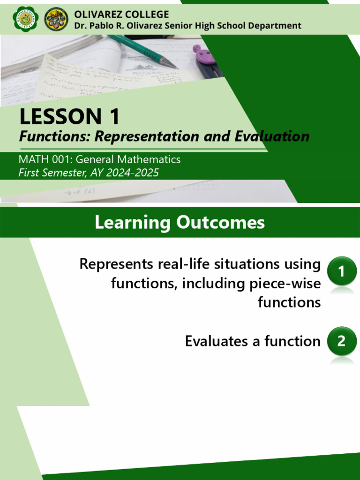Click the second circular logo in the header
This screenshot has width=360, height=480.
(56, 19)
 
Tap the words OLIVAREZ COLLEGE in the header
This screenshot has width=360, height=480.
(121, 14)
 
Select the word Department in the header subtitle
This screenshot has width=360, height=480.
(275, 26)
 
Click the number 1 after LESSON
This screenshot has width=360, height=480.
(112, 117)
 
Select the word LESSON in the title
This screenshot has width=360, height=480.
(59, 117)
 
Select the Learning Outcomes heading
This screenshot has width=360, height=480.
(180, 223)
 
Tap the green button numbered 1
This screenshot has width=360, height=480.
(341, 270)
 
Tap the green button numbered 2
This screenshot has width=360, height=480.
(341, 342)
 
